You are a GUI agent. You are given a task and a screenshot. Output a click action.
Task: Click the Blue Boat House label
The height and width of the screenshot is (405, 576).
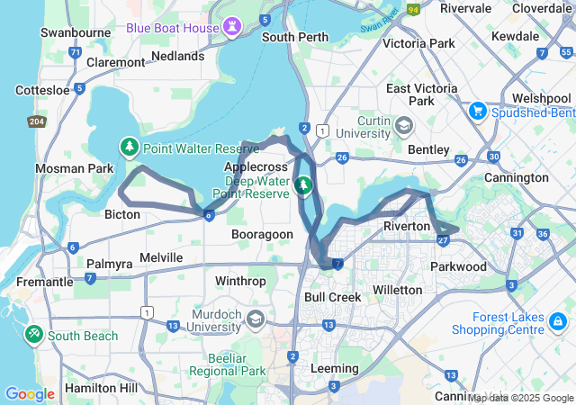[x=173, y=28]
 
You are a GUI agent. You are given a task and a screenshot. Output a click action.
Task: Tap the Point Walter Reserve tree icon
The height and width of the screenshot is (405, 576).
[x=130, y=147]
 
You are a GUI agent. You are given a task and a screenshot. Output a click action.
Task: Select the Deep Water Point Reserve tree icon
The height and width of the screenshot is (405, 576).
[x=304, y=185]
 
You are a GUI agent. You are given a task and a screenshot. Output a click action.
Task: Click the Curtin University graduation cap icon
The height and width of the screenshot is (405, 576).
[x=403, y=126]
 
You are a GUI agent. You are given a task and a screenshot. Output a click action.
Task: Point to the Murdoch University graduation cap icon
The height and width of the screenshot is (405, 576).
[x=256, y=319]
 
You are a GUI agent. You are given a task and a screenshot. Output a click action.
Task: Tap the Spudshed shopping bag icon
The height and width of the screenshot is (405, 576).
[x=477, y=112]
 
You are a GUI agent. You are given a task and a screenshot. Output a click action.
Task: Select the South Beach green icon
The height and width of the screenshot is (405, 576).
[x=34, y=335]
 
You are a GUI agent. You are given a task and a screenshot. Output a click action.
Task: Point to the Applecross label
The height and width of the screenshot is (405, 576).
[x=255, y=167]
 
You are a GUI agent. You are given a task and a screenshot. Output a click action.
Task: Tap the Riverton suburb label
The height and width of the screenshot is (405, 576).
[x=407, y=226]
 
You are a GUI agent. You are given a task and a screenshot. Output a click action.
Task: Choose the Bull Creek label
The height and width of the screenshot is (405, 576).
[x=332, y=297]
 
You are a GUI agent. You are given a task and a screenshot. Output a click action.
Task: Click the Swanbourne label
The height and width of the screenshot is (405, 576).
[x=76, y=32]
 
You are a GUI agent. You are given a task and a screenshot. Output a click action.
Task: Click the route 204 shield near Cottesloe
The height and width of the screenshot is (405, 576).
[x=36, y=121]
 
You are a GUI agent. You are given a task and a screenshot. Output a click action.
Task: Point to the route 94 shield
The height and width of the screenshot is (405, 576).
[x=413, y=10]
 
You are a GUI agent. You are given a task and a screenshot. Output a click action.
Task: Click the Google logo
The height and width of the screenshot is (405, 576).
[x=30, y=393]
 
